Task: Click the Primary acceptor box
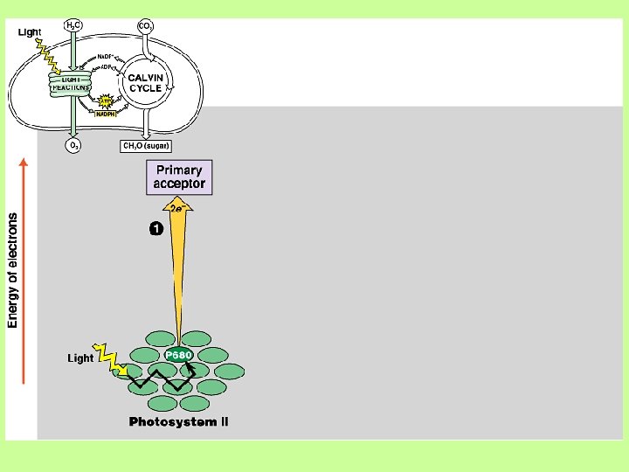pyautogui.click(x=178, y=177)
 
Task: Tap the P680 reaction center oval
pyautogui.click(x=178, y=355)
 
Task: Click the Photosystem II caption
pyautogui.click(x=178, y=422)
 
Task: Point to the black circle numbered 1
pyautogui.click(x=155, y=229)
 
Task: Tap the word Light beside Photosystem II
pyautogui.click(x=80, y=358)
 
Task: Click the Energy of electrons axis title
pyautogui.click(x=13, y=270)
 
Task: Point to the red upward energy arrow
pyautogui.click(x=24, y=271)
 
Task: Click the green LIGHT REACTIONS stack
pyautogui.click(x=70, y=83)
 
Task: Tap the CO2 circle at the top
pyautogui.click(x=147, y=26)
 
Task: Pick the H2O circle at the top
pyautogui.click(x=74, y=26)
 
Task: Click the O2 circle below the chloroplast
pyautogui.click(x=74, y=146)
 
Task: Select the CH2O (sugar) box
pyautogui.click(x=146, y=146)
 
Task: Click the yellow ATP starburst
pyautogui.click(x=107, y=99)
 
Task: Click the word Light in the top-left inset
pyautogui.click(x=30, y=32)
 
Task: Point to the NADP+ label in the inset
pyautogui.click(x=109, y=56)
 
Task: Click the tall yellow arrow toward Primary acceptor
pyautogui.click(x=178, y=271)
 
